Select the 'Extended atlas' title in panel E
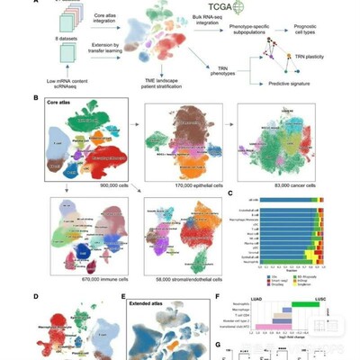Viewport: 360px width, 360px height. tap(153, 296)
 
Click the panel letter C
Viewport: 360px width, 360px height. tap(231, 193)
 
